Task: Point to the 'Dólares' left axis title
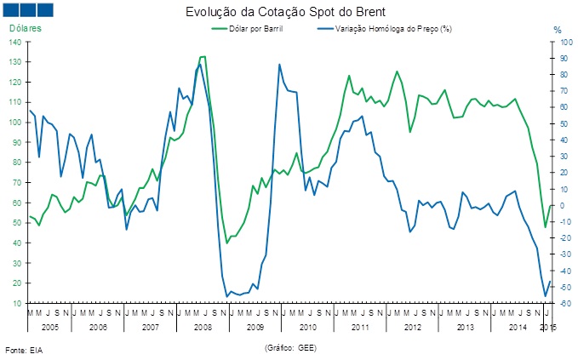tap(25, 29)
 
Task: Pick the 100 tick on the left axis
tap(16, 123)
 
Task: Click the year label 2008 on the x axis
tap(202, 326)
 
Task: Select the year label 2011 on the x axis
tap(359, 326)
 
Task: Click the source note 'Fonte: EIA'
tap(24, 350)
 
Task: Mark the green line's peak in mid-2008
tap(202, 57)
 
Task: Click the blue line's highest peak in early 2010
tap(279, 65)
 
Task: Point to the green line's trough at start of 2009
tap(227, 243)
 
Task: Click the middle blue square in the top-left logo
tap(26, 10)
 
